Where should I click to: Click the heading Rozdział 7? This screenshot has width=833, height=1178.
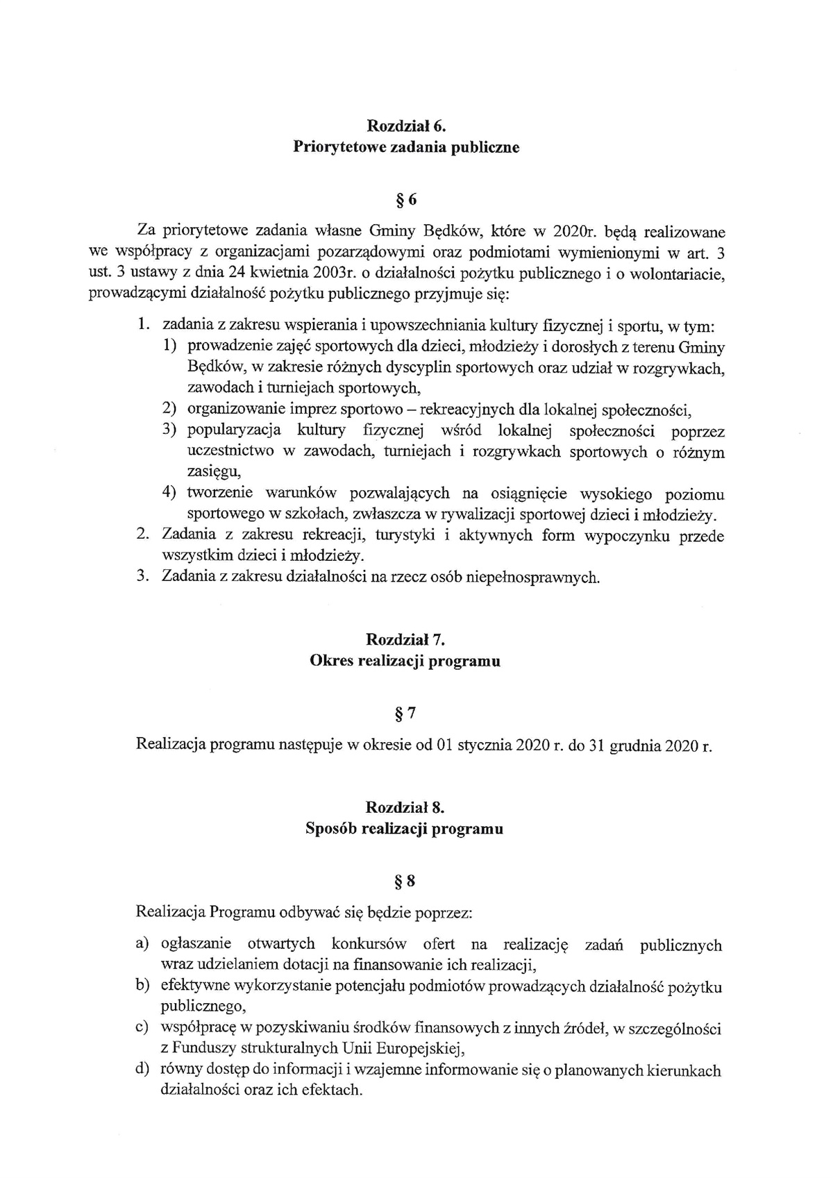[x=405, y=640]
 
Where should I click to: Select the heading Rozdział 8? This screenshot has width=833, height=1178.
[x=405, y=807]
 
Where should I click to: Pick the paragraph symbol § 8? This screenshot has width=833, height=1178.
[x=405, y=882]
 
